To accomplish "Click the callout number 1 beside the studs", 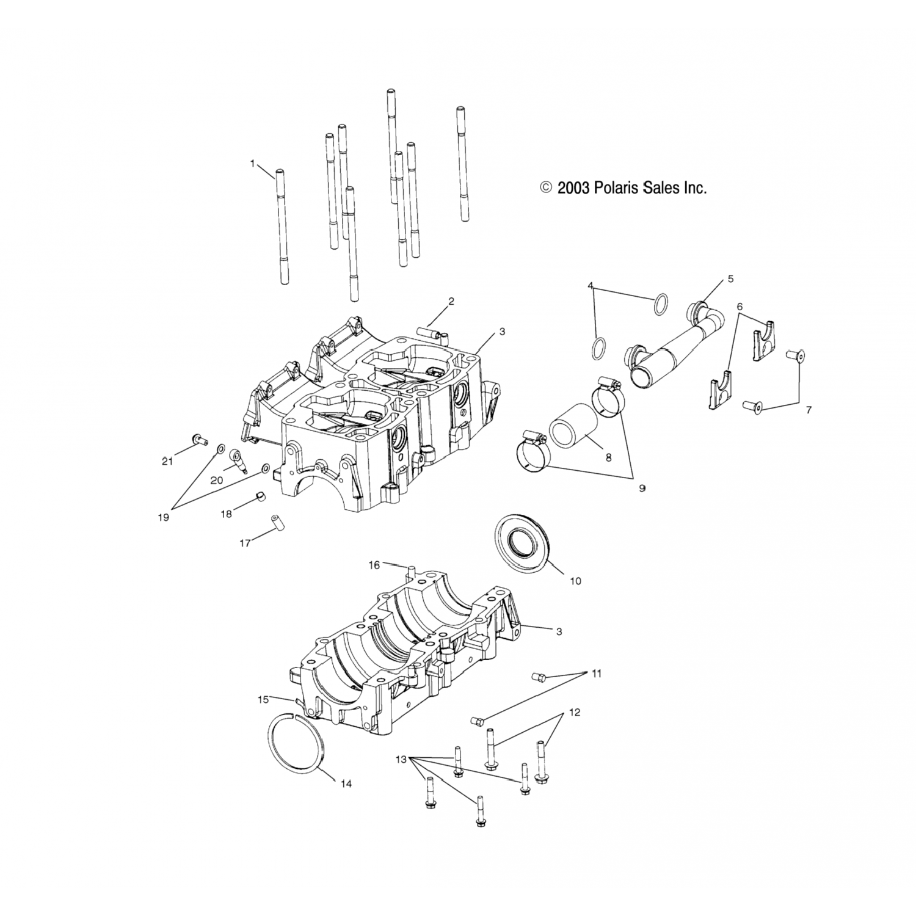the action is click(252, 163).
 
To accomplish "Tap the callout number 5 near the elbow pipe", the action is click(730, 279).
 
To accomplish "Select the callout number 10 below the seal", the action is click(575, 581).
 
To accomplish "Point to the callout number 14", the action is click(346, 784).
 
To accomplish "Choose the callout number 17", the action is click(245, 543).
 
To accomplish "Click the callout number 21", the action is click(167, 462).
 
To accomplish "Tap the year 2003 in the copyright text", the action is click(574, 188).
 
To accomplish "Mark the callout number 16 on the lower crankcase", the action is click(374, 565).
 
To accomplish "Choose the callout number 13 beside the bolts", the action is click(401, 759).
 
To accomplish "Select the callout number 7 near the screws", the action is click(809, 410).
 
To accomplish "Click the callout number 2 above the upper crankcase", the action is click(451, 301).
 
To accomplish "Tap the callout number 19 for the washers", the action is click(162, 517).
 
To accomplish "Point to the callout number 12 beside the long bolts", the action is click(575, 712).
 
